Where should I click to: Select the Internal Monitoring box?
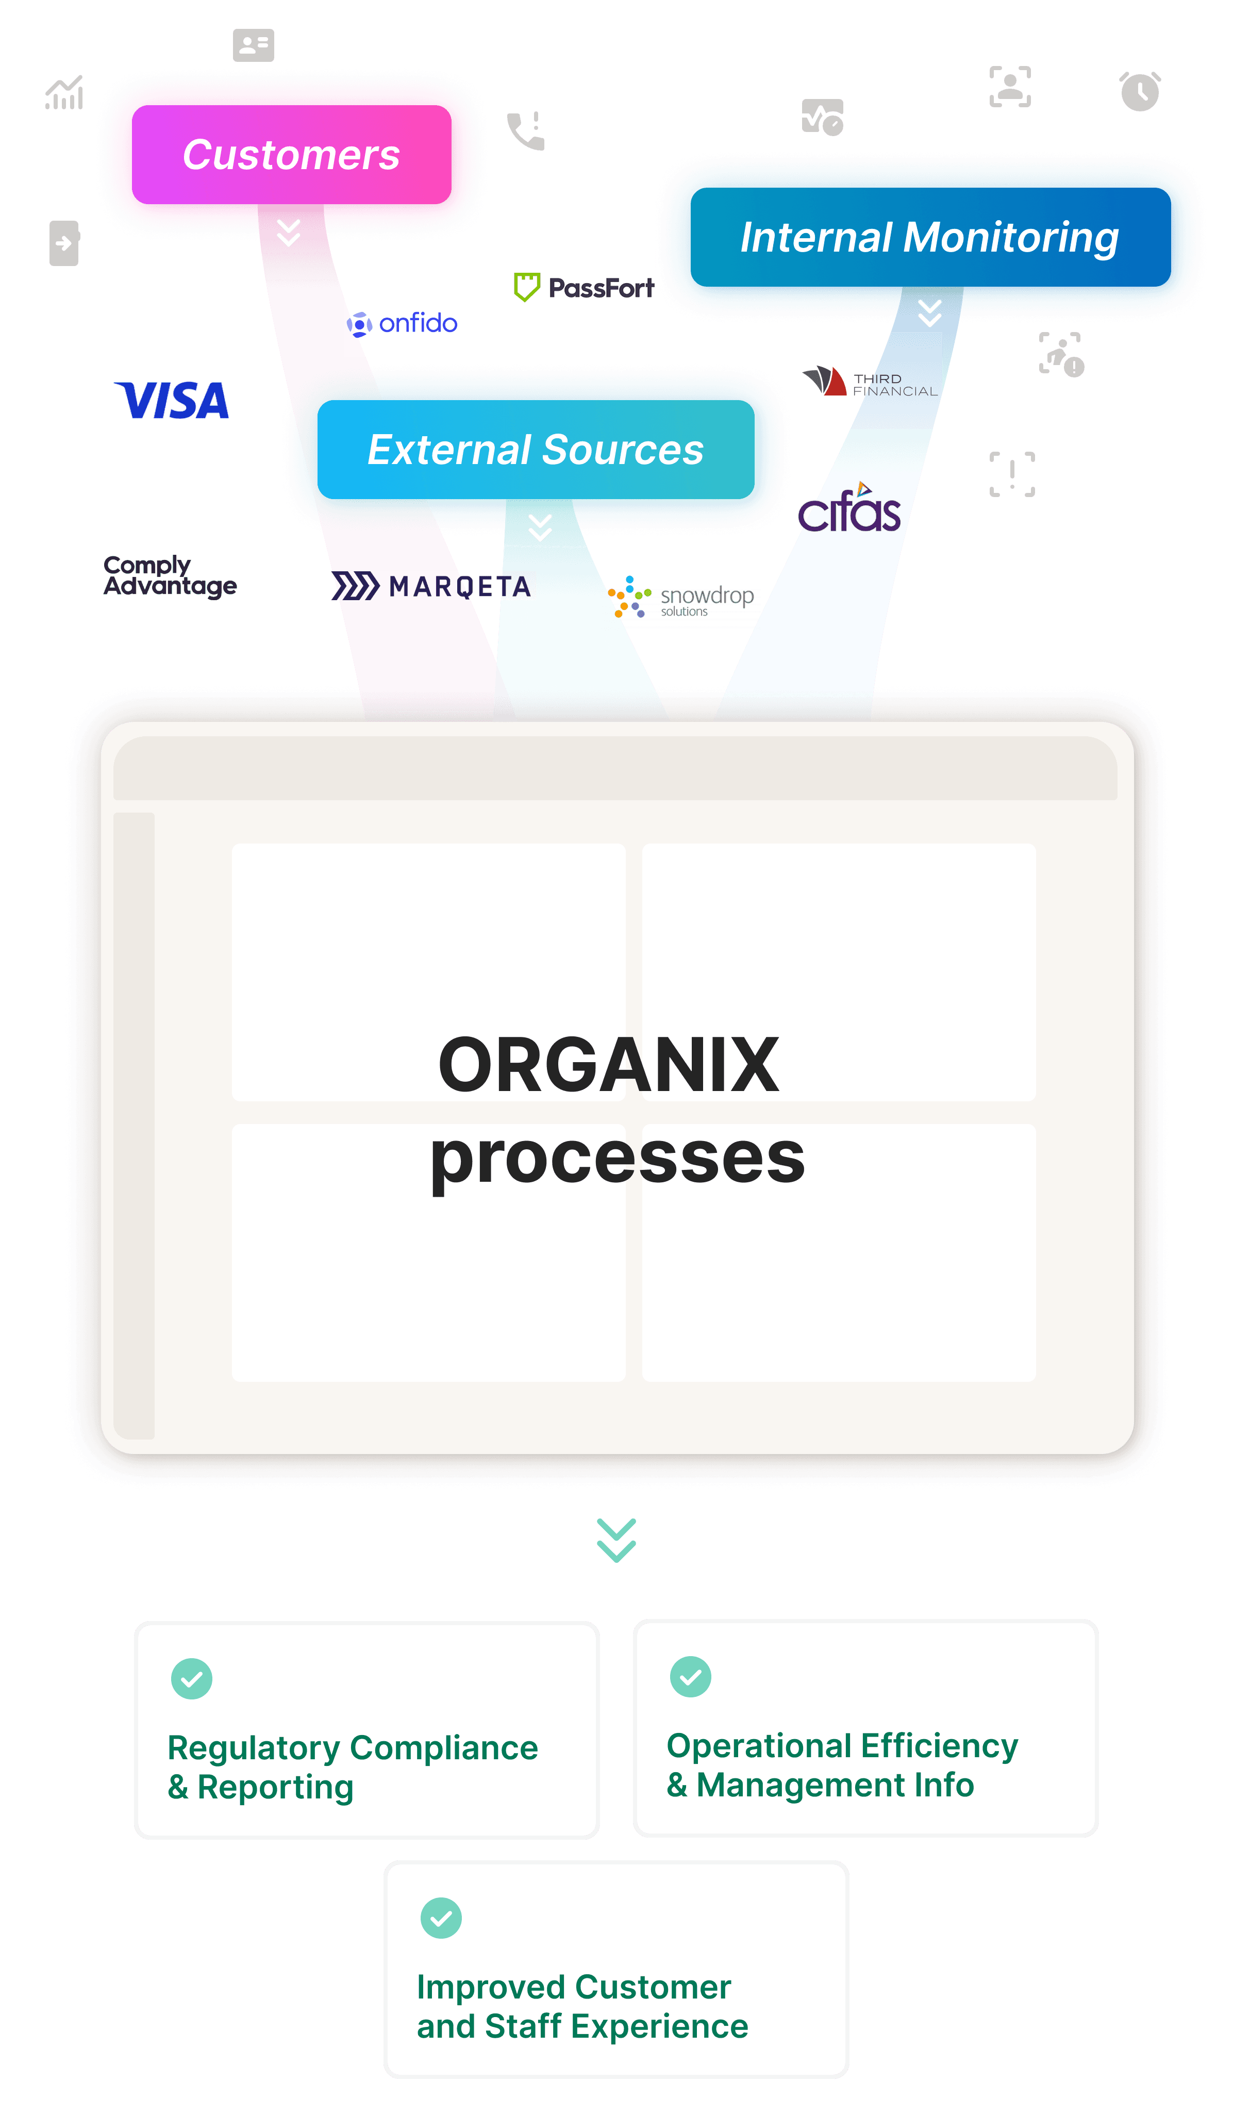[929, 237]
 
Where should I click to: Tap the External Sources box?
[536, 450]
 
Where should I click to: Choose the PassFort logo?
[585, 288]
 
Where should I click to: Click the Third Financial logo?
[870, 382]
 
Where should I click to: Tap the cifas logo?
[849, 509]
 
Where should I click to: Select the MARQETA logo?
[430, 586]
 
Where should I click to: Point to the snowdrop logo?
[681, 597]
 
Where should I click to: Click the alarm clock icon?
[1140, 91]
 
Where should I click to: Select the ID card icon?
[253, 45]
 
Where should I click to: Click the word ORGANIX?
[609, 1065]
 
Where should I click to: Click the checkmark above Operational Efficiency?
[690, 1676]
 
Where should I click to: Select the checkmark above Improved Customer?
[441, 1918]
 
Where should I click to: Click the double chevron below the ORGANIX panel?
[616, 1540]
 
